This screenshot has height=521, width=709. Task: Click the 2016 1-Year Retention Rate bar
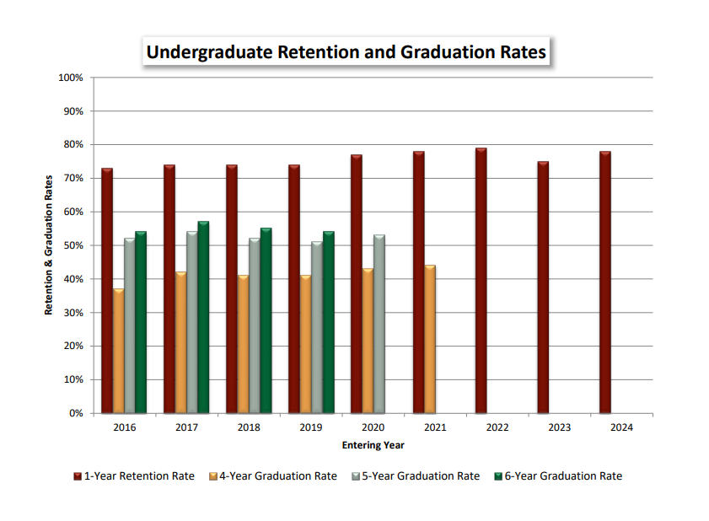click(107, 291)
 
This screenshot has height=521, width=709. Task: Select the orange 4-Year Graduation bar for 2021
click(430, 339)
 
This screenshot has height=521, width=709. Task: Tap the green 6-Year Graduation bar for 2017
click(203, 317)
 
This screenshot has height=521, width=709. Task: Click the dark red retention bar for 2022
click(481, 281)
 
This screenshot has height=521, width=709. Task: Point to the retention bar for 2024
click(605, 282)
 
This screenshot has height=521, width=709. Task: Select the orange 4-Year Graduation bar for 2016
click(119, 351)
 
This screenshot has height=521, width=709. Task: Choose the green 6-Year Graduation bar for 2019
click(328, 322)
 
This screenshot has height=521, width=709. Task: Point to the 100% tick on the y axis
click(71, 78)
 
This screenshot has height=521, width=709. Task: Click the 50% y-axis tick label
click(73, 245)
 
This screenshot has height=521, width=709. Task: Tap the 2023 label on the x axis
click(559, 427)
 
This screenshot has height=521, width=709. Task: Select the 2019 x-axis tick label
click(311, 427)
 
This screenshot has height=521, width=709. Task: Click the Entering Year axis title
click(373, 444)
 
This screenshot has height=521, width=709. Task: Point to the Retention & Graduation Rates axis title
click(49, 244)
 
